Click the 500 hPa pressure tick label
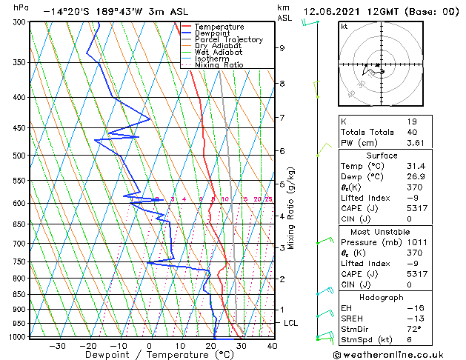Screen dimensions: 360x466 [20, 156]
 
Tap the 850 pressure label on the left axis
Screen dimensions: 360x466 [20, 294]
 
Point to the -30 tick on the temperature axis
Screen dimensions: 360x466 [56, 345]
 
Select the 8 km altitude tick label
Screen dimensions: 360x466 [282, 84]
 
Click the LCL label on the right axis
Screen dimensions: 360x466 [291, 323]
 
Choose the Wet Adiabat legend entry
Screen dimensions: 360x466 [219, 52]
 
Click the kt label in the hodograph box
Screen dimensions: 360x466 [344, 27]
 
